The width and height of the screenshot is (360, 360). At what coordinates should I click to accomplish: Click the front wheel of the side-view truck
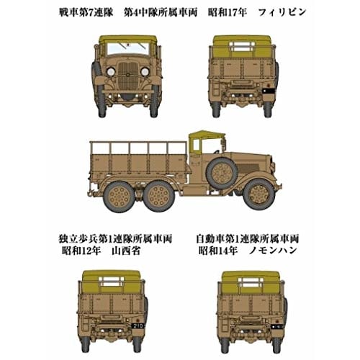(258, 194)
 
